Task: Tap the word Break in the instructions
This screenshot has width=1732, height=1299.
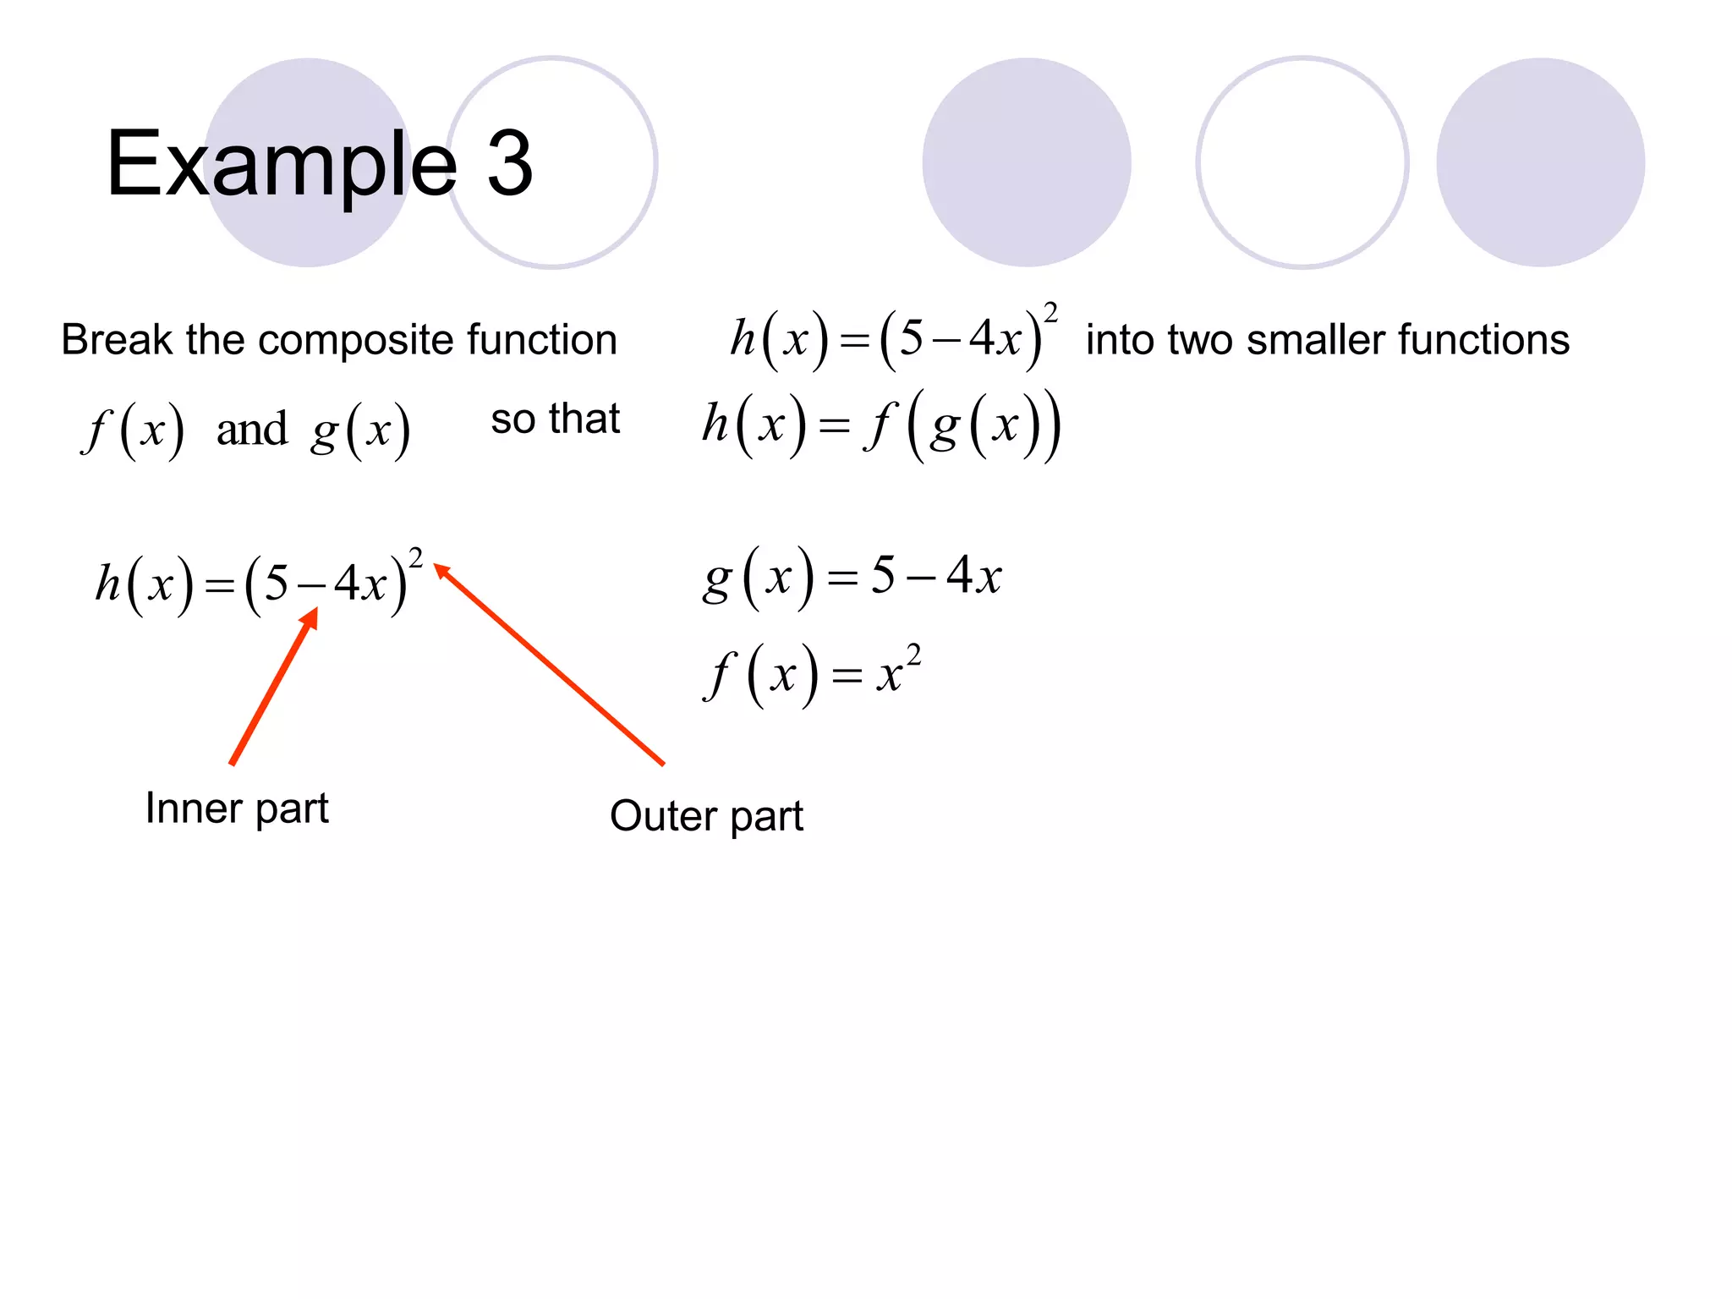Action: pyautogui.click(x=117, y=340)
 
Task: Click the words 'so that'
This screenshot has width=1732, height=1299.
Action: pyautogui.click(x=555, y=419)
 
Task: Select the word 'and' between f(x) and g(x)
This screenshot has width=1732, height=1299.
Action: pyautogui.click(x=252, y=430)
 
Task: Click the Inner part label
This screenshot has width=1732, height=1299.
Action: pyautogui.click(x=237, y=808)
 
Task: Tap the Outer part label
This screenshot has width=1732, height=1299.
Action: pyautogui.click(x=706, y=817)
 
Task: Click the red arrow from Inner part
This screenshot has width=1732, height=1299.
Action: pyautogui.click(x=273, y=687)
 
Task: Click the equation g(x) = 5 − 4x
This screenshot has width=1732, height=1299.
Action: pyautogui.click(x=852, y=578)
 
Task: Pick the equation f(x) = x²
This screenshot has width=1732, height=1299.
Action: pyautogui.click(x=812, y=675)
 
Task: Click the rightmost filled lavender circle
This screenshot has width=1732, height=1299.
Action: pyautogui.click(x=1540, y=162)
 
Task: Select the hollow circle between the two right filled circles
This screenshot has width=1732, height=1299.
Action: pyautogui.click(x=1302, y=162)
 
